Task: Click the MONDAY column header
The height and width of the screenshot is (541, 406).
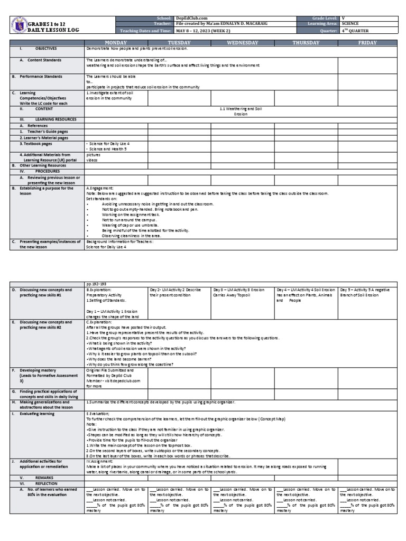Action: pos(116,42)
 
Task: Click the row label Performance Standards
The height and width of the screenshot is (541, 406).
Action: pos(43,77)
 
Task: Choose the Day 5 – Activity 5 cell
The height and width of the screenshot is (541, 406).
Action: pos(367,292)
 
